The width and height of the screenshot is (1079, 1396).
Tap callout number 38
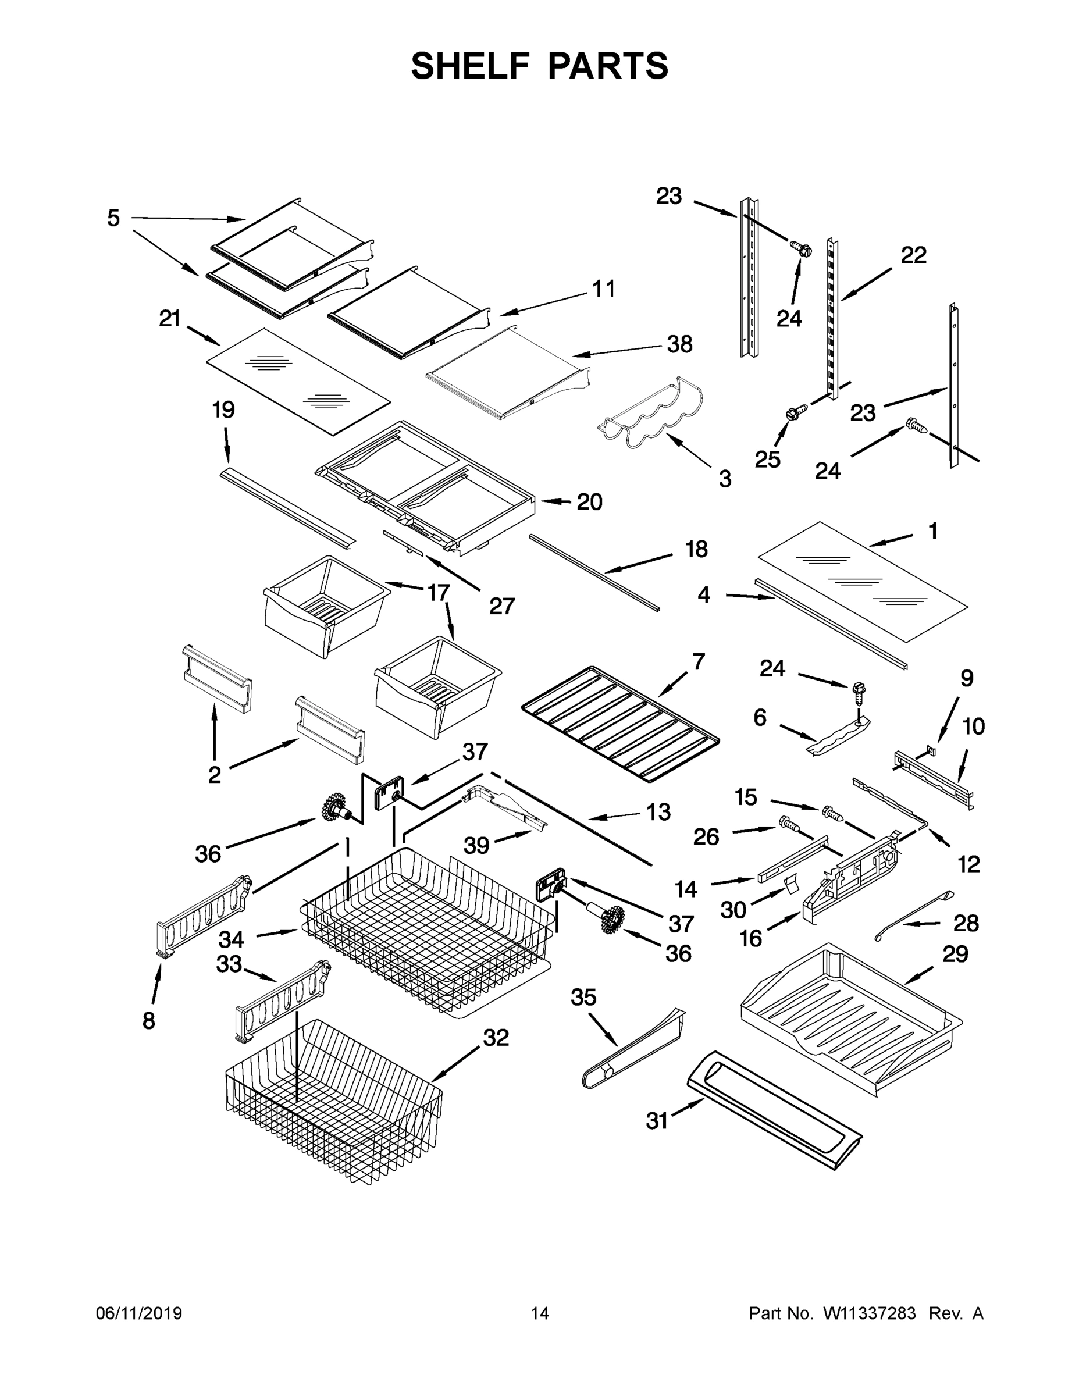click(x=679, y=344)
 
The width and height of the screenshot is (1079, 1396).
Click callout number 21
click(x=169, y=318)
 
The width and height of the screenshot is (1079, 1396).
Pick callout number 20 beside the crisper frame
click(x=589, y=502)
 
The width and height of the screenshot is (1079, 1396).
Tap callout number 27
click(x=502, y=606)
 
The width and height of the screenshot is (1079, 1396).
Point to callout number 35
click(x=583, y=996)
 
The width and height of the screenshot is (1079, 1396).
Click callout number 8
click(x=148, y=1020)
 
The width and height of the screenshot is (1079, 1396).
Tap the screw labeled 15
click(x=831, y=813)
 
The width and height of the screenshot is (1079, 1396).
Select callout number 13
click(x=658, y=812)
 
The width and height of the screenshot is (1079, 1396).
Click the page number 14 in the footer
click(x=540, y=1313)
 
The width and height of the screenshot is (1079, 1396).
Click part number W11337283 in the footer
click(x=870, y=1313)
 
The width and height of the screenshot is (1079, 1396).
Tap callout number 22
click(x=913, y=255)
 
